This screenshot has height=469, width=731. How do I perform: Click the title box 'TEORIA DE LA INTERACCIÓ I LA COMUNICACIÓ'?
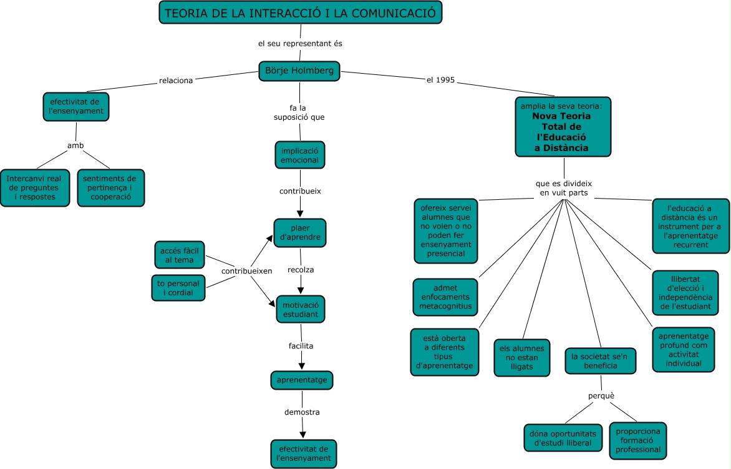pyautogui.click(x=300, y=12)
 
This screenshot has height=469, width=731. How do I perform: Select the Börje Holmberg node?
pyautogui.click(x=300, y=71)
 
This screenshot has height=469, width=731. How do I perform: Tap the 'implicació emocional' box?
pyautogui.click(x=300, y=155)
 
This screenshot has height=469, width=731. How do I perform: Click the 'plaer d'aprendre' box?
pyautogui.click(x=300, y=233)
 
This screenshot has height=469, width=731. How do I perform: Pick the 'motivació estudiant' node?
pyautogui.click(x=301, y=309)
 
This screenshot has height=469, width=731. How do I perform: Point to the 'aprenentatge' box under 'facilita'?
pyautogui.click(x=302, y=380)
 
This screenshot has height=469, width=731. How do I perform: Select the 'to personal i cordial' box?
pyautogui.click(x=178, y=288)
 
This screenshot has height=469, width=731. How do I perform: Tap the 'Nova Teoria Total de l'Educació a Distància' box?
pyautogui.click(x=563, y=127)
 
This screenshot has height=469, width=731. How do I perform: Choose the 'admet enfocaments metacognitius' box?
pyautogui.click(x=446, y=298)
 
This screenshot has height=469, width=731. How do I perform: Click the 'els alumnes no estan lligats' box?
pyautogui.click(x=522, y=358)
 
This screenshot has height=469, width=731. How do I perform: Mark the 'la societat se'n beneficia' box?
pyautogui.click(x=601, y=361)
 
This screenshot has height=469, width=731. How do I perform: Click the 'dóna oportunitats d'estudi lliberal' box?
pyautogui.click(x=563, y=438)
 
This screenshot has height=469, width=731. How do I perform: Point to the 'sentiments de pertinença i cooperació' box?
pyautogui.click(x=111, y=187)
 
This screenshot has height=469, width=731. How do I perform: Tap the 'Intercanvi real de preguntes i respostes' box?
pyautogui.click(x=35, y=187)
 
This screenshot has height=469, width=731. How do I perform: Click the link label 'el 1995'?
pyautogui.click(x=440, y=80)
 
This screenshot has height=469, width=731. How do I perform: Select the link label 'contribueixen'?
pyautogui.click(x=247, y=271)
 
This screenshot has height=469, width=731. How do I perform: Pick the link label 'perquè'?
pyautogui.click(x=601, y=396)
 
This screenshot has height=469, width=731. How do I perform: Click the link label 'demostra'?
pyautogui.click(x=302, y=412)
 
